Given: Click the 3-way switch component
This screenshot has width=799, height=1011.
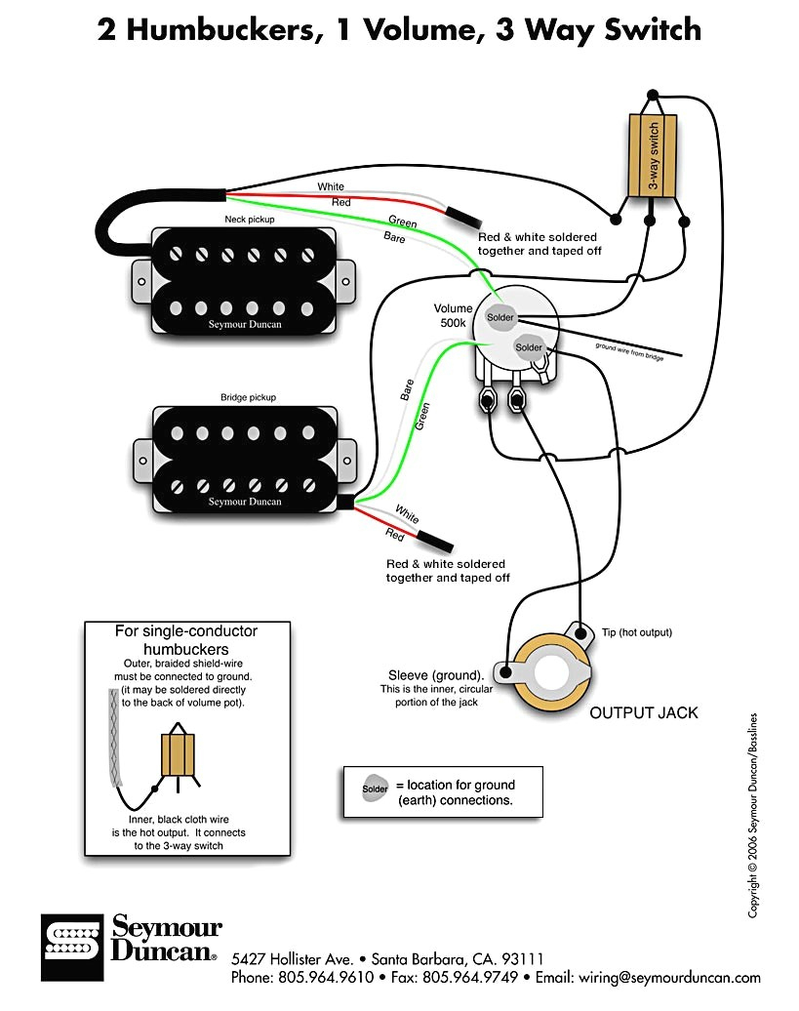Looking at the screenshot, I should coord(653,153).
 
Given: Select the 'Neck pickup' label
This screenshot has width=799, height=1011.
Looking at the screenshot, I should coord(250,220).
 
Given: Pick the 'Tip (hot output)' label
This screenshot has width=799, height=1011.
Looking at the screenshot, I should coord(637,632).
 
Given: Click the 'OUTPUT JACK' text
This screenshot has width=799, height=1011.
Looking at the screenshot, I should coord(644,712).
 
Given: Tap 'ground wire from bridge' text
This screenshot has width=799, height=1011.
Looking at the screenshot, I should coord(629,352).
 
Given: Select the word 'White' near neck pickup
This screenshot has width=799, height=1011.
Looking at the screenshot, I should coord(331,186).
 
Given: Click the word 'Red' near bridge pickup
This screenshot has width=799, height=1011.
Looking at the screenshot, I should coord(394,534).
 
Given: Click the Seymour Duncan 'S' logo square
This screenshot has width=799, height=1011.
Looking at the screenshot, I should coord(72,947).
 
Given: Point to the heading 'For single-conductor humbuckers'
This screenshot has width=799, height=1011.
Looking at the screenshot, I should coord(186,639).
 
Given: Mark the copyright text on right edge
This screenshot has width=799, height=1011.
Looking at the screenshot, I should coord(753,816).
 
